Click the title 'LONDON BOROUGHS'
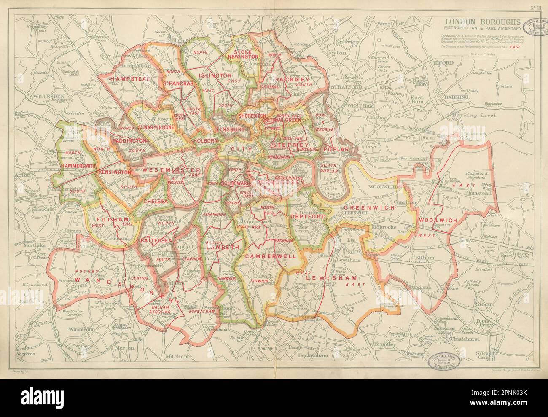click(479, 22)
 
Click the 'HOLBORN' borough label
click(205, 140)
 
